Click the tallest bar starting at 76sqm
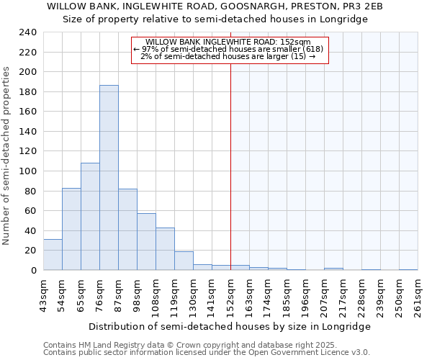tap(109, 178)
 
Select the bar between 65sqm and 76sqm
tap(90, 217)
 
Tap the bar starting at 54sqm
tap(71, 229)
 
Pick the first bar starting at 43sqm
tap(53, 255)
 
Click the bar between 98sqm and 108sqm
tap(146, 242)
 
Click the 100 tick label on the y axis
tap(29, 171)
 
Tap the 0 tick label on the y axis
tap(34, 271)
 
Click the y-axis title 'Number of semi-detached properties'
tap(7, 156)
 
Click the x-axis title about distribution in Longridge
tap(230, 326)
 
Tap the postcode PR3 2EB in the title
tap(363, 6)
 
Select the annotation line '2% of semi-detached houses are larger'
tap(228, 56)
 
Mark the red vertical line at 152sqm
tap(230, 180)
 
